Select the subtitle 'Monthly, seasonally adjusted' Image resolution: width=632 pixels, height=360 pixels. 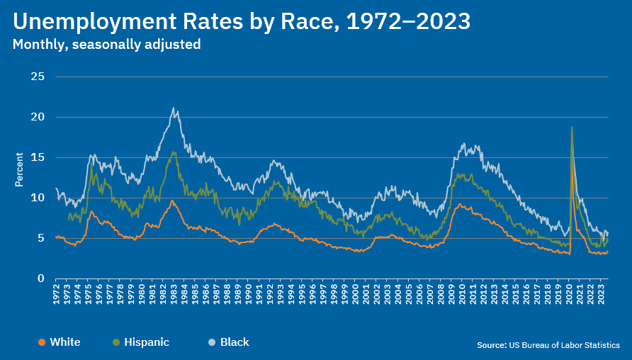tap(106, 45)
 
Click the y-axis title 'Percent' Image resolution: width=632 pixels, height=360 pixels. tap(20, 169)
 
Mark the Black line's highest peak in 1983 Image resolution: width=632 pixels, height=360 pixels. tap(174, 108)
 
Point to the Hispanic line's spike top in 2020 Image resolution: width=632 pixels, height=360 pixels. tap(571, 127)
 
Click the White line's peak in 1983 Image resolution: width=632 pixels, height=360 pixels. tap(172, 201)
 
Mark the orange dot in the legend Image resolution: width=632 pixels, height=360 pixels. tap(42, 342)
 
